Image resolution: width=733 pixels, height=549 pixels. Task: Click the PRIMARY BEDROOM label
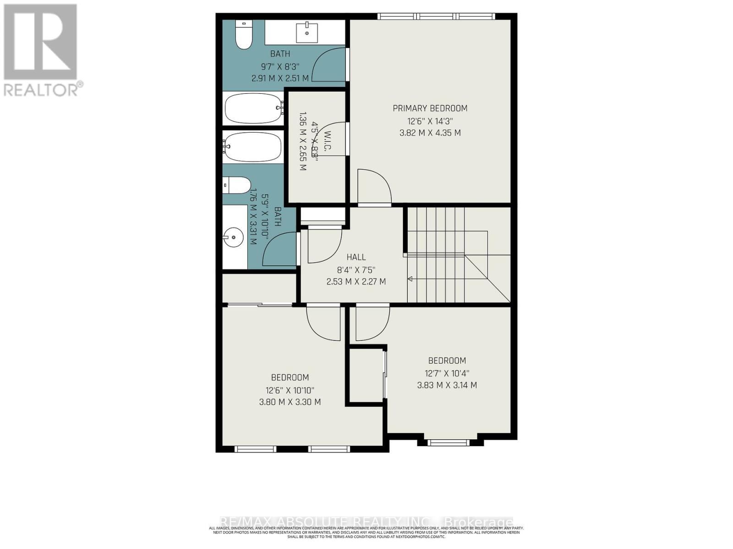(x=430, y=108)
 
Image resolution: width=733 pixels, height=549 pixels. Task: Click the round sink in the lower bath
(x=234, y=237)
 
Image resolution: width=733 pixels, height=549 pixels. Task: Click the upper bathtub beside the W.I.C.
(x=253, y=108)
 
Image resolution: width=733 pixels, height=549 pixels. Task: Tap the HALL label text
(x=356, y=257)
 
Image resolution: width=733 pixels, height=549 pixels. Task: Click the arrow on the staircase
(x=410, y=279)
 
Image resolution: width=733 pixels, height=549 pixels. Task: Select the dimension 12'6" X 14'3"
(x=430, y=121)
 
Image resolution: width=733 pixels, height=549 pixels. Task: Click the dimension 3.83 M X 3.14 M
(x=447, y=385)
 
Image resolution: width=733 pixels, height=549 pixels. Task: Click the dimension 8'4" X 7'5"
(x=356, y=269)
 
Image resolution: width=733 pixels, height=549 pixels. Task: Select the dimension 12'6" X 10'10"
(x=290, y=390)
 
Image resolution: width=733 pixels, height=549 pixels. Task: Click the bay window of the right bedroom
(x=449, y=442)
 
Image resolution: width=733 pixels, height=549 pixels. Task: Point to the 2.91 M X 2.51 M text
(x=280, y=78)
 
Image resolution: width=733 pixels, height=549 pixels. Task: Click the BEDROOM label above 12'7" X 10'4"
(x=447, y=361)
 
